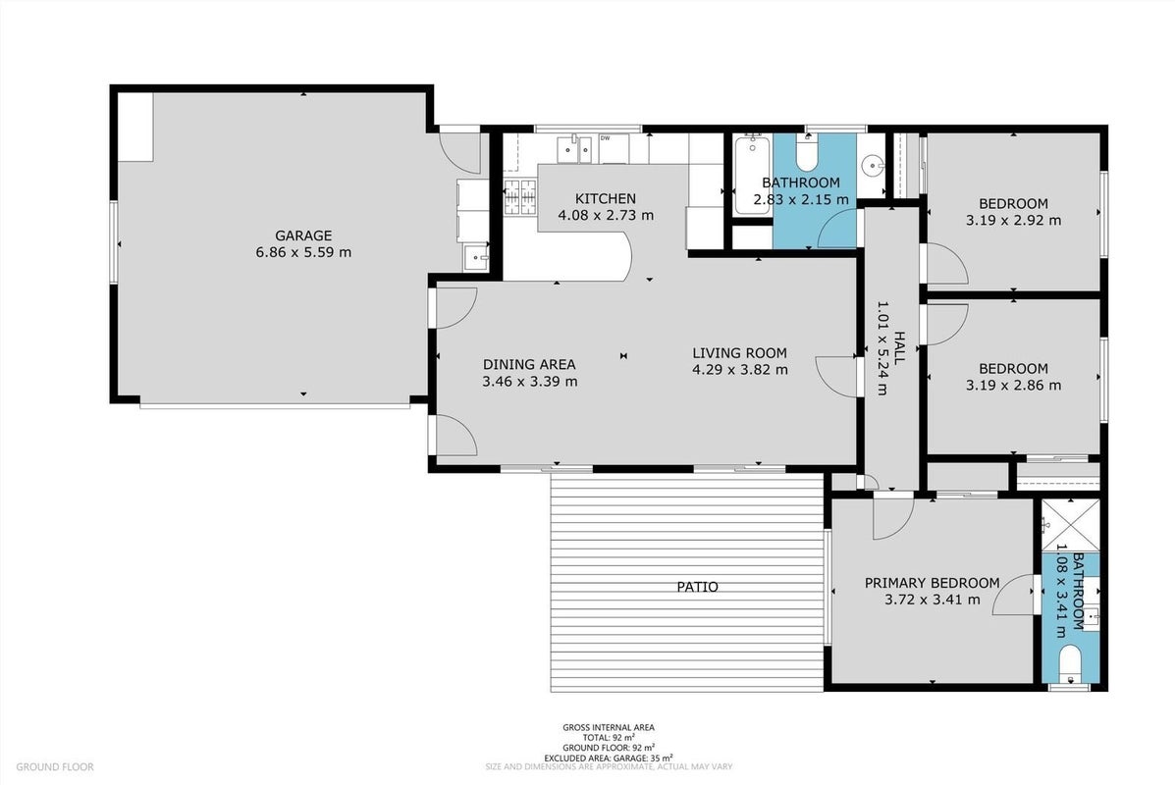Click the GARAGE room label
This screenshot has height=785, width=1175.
pyautogui.click(x=302, y=235)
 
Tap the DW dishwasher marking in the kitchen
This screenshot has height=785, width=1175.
pyautogui.click(x=605, y=138)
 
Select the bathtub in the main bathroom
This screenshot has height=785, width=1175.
pyautogui.click(x=751, y=174)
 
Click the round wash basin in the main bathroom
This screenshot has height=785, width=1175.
pyautogui.click(x=873, y=164)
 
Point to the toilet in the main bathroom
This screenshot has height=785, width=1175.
pyautogui.click(x=807, y=154)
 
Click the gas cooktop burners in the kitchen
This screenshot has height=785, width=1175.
pyautogui.click(x=521, y=198)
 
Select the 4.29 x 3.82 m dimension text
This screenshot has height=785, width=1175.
pyautogui.click(x=739, y=369)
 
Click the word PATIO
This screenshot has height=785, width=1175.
pyautogui.click(x=698, y=587)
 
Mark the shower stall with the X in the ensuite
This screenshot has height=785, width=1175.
pyautogui.click(x=1071, y=525)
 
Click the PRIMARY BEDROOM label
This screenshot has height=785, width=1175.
pyautogui.click(x=933, y=583)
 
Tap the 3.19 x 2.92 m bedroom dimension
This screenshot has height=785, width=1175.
pyautogui.click(x=1013, y=220)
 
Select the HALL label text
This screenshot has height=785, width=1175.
pyautogui.click(x=899, y=348)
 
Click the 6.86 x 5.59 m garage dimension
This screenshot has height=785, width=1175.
pyautogui.click(x=303, y=252)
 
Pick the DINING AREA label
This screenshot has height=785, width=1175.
pyautogui.click(x=529, y=365)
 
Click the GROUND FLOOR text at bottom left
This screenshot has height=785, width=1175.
pyautogui.click(x=55, y=767)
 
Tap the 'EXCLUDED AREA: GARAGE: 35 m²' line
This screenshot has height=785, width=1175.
pyautogui.click(x=609, y=758)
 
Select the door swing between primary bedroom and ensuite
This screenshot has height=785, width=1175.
pyautogui.click(x=1015, y=595)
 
